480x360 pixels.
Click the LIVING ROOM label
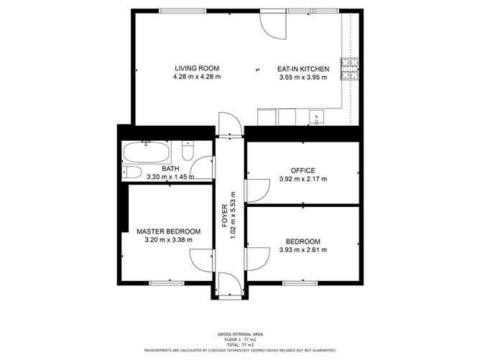197,68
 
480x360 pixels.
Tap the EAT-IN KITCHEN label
303,69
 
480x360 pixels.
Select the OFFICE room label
303,170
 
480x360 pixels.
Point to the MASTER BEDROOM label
169,231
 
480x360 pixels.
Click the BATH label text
170,169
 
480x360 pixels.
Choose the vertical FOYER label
224,223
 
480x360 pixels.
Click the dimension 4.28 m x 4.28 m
197,77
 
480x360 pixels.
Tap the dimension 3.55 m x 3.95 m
303,78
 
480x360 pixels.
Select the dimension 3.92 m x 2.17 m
303,179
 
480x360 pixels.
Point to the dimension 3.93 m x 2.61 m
303,250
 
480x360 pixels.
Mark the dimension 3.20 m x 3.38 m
169,240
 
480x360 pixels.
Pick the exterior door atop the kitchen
274,24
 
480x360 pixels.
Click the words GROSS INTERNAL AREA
239,335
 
